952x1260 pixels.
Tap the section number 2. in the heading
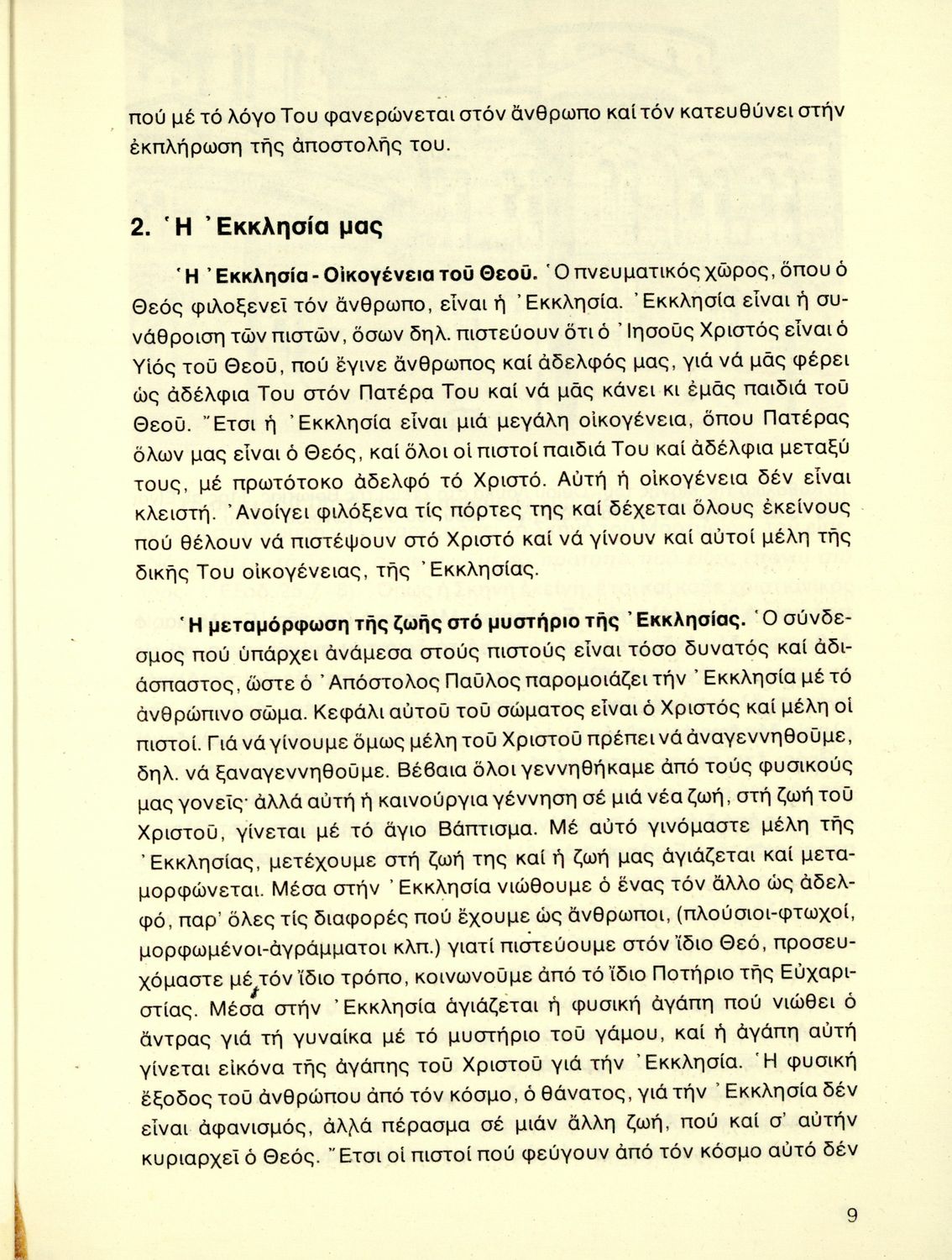[x=142, y=228]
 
